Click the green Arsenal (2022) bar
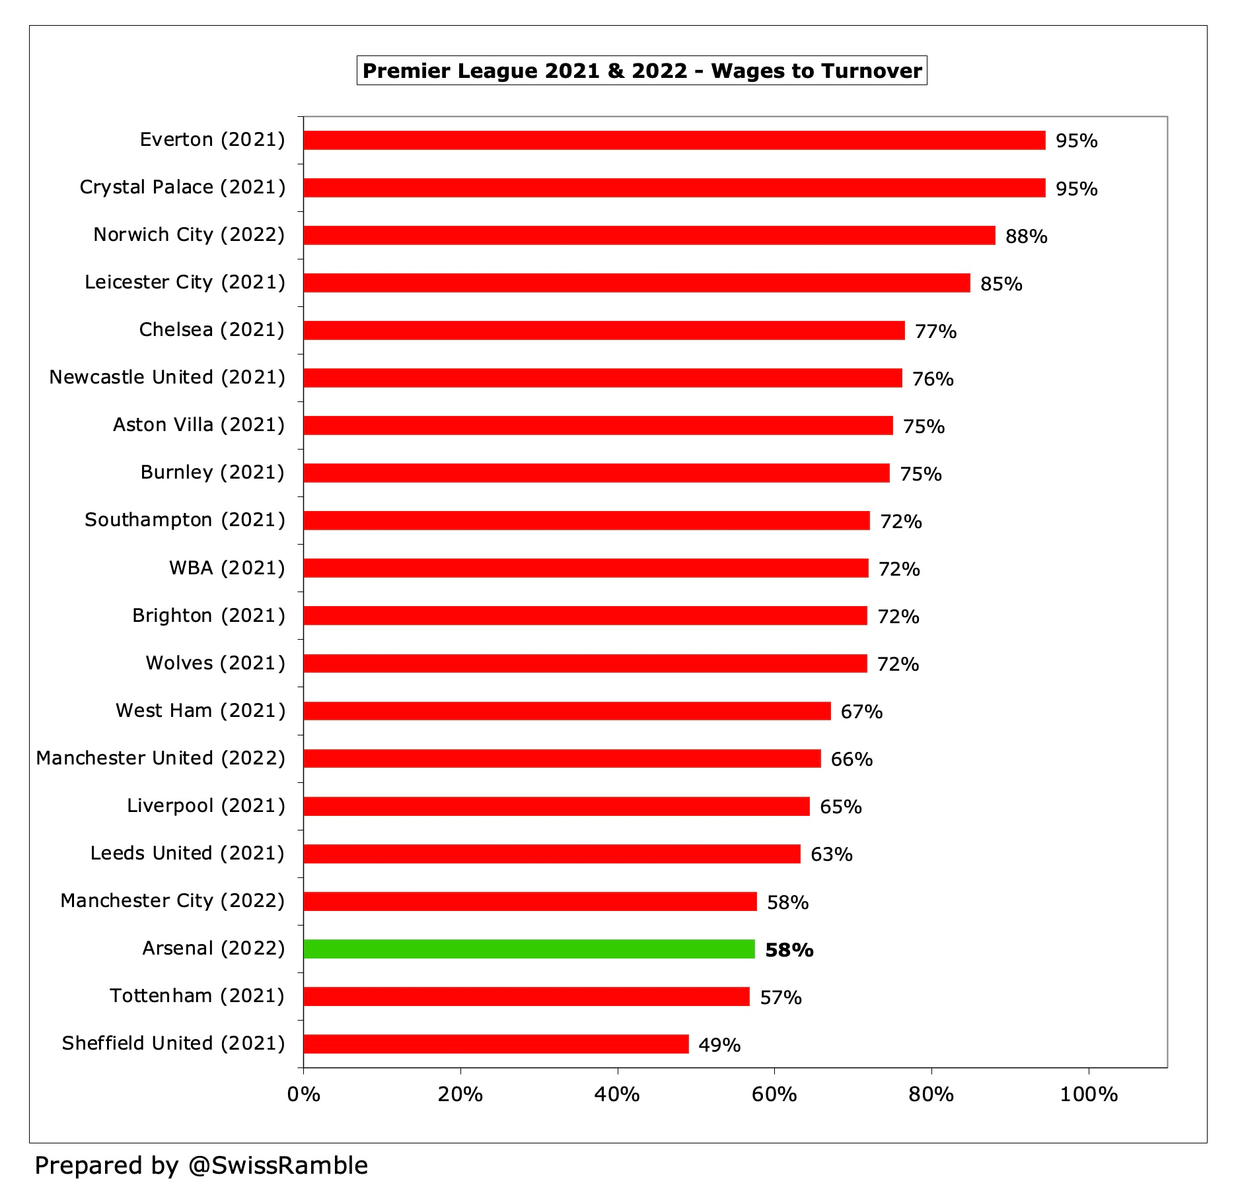coord(528,949)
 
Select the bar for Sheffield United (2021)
coord(495,1044)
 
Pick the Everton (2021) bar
coord(674,140)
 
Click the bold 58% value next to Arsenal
coord(789,950)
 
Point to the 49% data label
coord(719,1045)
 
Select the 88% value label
coord(1025,236)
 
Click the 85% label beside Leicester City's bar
coord(1001,284)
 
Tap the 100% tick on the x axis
coord(1088,1095)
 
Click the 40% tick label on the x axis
coord(616,1095)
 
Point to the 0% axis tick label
coord(303,1095)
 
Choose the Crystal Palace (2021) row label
coord(182,187)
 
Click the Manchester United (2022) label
coord(161,758)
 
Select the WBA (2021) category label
coord(227,568)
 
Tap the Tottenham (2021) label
coord(197,996)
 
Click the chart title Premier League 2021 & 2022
coord(525,71)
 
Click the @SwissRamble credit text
coord(277,1165)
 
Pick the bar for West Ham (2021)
coord(567,711)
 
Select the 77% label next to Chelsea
coord(935,331)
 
